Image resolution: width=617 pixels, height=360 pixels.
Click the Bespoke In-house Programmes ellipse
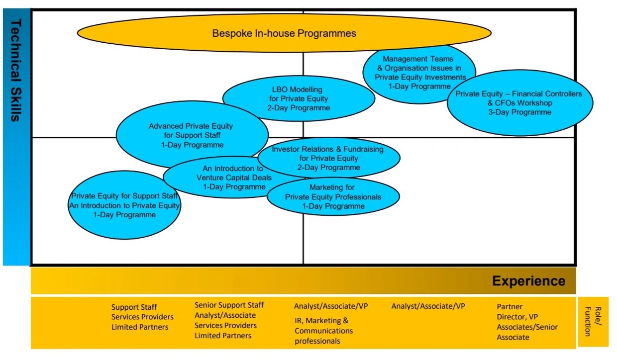pyautogui.click(x=284, y=33)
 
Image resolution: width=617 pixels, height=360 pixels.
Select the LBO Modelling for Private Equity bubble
pyautogui.click(x=298, y=98)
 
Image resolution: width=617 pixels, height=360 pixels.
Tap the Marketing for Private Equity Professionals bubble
pyautogui.click(x=333, y=197)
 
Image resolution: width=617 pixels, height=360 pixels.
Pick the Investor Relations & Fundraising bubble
pyautogui.click(x=328, y=158)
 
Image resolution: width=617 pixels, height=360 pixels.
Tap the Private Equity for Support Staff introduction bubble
pyautogui.click(x=124, y=205)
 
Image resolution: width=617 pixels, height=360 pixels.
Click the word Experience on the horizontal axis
pyautogui.click(x=528, y=281)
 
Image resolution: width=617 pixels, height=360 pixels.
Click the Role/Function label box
pyautogui.click(x=593, y=321)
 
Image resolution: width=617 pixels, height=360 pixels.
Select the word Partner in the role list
pyautogui.click(x=510, y=307)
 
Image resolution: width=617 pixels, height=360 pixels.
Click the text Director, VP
pyautogui.click(x=517, y=317)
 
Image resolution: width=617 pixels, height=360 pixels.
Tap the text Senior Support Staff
pyautogui.click(x=229, y=305)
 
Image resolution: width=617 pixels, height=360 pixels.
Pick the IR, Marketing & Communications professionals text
pyautogui.click(x=323, y=331)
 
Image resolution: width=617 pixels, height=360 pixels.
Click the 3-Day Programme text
pyautogui.click(x=519, y=112)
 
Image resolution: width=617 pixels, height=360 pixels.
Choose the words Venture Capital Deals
pyautogui.click(x=234, y=178)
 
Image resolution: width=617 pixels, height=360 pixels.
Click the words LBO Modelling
pyautogui.click(x=297, y=90)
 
